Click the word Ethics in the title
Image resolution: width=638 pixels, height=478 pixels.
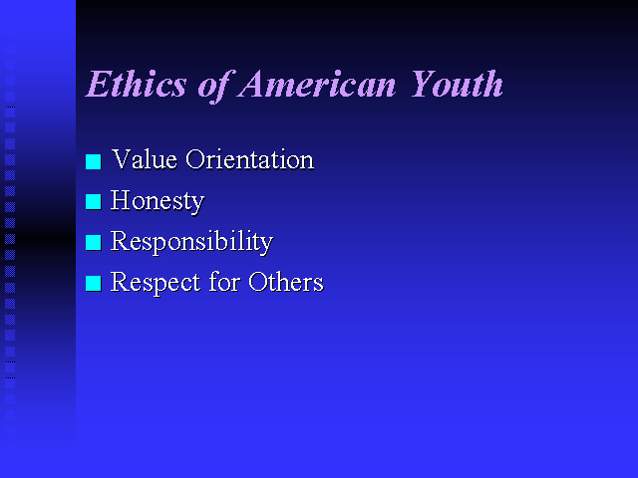(137, 84)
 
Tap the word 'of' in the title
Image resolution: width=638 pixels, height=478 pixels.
(216, 86)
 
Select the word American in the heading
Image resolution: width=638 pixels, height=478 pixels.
(317, 84)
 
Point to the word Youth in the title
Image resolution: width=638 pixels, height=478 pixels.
(457, 84)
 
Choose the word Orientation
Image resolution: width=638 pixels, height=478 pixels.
(250, 159)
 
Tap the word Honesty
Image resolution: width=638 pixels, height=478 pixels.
(158, 201)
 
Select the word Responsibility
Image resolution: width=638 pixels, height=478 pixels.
(192, 242)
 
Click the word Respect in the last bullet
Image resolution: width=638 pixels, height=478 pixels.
(156, 283)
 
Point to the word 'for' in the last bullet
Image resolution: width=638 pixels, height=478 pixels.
(224, 281)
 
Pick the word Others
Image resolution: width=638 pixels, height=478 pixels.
(286, 281)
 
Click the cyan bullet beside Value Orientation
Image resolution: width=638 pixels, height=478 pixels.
(93, 161)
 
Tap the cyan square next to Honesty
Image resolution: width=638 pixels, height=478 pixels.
(93, 202)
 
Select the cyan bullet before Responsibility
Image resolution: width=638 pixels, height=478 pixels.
(93, 243)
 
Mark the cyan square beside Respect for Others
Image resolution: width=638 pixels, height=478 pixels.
(93, 283)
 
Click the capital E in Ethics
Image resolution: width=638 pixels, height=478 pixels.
(100, 84)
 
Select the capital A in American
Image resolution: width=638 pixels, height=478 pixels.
(253, 84)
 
